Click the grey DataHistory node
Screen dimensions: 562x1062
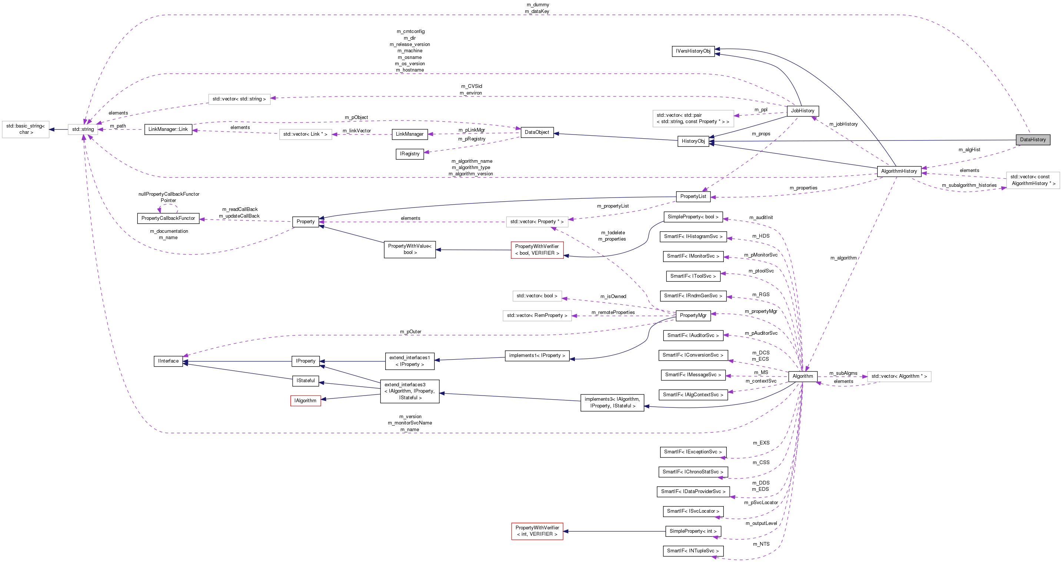(1032, 140)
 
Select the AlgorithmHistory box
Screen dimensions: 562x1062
(899, 171)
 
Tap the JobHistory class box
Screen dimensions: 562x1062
(802, 111)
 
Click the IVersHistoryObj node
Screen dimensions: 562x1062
(693, 51)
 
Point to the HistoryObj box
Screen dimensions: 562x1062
(693, 141)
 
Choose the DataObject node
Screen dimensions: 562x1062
(537, 132)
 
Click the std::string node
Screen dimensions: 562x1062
(83, 130)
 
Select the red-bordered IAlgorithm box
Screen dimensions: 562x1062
(306, 401)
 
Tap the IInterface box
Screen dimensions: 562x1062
(168, 361)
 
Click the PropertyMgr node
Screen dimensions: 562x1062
(693, 315)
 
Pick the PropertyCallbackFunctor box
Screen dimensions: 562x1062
(168, 218)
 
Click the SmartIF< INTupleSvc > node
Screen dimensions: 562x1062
(693, 551)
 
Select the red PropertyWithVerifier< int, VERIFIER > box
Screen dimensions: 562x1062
(537, 531)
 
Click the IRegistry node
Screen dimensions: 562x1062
(409, 154)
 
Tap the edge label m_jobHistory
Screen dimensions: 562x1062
(843, 124)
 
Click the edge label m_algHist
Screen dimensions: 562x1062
(969, 150)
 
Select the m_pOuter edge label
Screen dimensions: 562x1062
(411, 332)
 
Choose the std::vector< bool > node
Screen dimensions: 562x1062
(537, 296)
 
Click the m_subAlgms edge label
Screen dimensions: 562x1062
(843, 373)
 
